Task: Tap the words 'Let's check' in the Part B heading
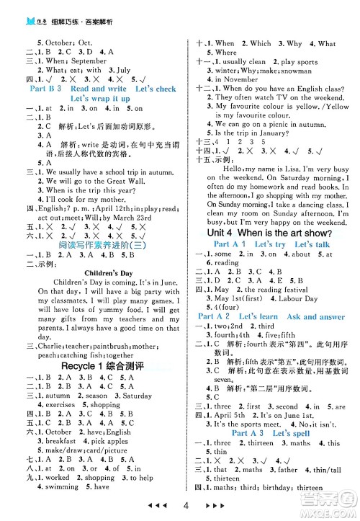[x=155, y=89]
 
